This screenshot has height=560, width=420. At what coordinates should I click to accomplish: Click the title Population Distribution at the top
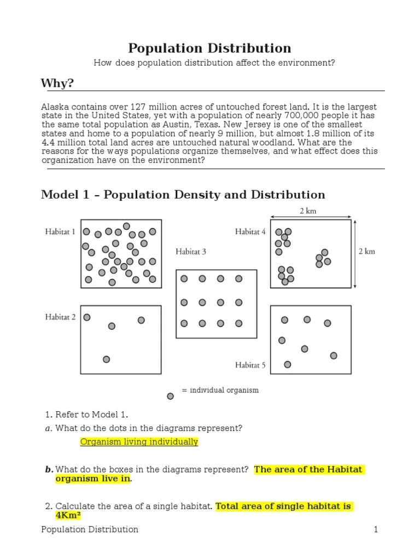209,48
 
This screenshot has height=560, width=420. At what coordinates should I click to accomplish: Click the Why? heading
57,83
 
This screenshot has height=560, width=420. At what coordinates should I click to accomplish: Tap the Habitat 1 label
60,232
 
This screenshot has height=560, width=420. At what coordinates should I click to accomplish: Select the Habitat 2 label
60,317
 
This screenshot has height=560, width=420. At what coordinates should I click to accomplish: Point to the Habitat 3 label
191,252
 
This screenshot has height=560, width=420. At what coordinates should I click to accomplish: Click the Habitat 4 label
250,232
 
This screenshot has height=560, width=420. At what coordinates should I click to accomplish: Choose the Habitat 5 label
250,365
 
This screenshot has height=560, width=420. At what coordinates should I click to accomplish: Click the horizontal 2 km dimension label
307,211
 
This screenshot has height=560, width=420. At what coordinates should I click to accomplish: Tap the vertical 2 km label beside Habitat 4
366,252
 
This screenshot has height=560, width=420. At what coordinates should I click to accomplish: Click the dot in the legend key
171,395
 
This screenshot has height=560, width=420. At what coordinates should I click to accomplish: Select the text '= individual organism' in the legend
220,390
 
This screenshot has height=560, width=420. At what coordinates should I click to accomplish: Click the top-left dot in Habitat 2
87,317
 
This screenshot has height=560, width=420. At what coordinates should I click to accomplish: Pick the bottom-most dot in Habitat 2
107,359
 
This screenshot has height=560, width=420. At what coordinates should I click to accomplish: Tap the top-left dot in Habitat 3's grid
184,279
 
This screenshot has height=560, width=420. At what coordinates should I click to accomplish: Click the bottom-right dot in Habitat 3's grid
239,323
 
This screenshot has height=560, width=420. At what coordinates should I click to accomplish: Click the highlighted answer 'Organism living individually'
139,442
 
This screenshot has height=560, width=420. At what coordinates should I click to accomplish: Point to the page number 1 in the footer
376,529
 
